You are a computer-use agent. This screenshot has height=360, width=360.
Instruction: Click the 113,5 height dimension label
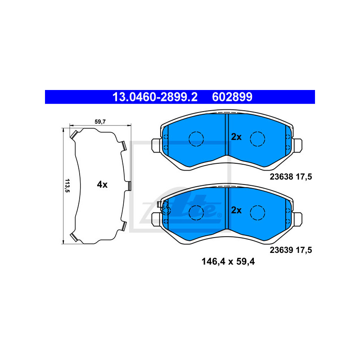[67, 185]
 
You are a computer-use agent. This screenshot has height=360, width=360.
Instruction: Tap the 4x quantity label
[102, 184]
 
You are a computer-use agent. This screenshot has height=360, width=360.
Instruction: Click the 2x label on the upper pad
[236, 137]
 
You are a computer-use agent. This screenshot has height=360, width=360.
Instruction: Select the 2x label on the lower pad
[236, 210]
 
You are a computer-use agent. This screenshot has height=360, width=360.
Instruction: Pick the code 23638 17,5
[291, 177]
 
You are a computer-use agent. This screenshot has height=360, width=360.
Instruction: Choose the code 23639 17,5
[291, 250]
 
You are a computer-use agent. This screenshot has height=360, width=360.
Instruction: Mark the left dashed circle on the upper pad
[196, 139]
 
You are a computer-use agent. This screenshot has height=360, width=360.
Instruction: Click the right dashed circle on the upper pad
[258, 139]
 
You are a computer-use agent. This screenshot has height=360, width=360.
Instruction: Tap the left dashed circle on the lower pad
[196, 211]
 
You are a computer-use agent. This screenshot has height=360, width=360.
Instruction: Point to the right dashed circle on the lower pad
[258, 211]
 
